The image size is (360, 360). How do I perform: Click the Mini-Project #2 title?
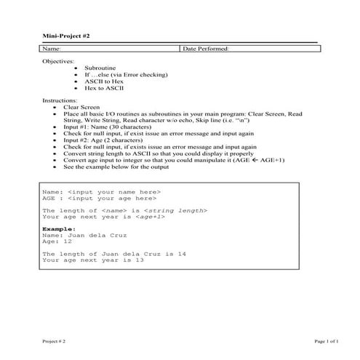[65, 36]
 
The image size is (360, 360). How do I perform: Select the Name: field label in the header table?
[51, 49]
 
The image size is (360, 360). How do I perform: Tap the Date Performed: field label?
[207, 49]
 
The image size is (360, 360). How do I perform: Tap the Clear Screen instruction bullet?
[81, 106]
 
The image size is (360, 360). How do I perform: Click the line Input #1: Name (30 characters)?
[108, 127]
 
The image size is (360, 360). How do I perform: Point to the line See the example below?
[116, 167]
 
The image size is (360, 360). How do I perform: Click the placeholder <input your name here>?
[114, 191]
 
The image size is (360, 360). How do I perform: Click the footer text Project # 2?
[54, 340]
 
